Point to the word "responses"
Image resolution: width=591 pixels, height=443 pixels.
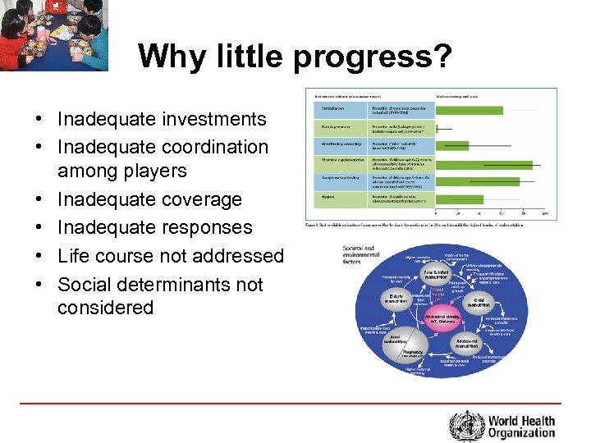click(207, 227)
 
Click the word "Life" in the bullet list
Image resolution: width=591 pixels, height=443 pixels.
click(74, 256)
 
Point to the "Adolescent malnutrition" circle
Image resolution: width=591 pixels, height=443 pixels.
click(468, 342)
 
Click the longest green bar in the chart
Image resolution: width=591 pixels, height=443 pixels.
click(492, 164)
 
